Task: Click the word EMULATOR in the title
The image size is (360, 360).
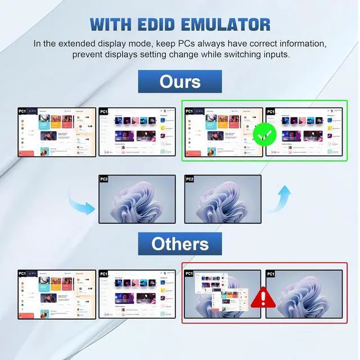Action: (x=226, y=25)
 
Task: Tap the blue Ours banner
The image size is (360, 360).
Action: (x=180, y=82)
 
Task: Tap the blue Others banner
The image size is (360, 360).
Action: (x=180, y=244)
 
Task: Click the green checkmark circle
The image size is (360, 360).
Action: (x=263, y=135)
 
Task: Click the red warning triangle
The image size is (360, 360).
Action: (x=262, y=296)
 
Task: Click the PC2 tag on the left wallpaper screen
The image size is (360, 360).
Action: (x=104, y=179)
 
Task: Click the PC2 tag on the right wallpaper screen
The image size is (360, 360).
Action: (x=190, y=179)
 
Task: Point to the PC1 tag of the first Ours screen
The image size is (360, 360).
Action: (x=23, y=112)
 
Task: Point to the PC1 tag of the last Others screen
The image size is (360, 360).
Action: (x=271, y=274)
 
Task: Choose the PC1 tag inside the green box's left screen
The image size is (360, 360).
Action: (x=189, y=112)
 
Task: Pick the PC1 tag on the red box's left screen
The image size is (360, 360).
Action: (x=189, y=274)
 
